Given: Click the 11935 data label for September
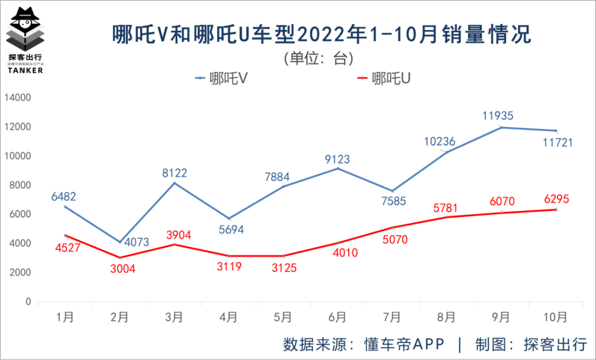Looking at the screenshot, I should (498, 116).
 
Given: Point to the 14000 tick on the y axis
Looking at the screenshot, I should (18, 98).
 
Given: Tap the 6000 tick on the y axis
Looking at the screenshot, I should (20, 214).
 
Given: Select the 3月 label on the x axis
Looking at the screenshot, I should (174, 317).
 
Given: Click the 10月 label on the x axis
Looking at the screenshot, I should (555, 317).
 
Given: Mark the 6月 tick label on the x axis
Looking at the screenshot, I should (337, 317).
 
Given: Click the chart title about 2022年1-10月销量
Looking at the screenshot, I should (321, 34).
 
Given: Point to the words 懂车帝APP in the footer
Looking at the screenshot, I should (404, 344).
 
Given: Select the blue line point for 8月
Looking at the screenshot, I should (446, 152).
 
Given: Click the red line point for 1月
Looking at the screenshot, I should (65, 236).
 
